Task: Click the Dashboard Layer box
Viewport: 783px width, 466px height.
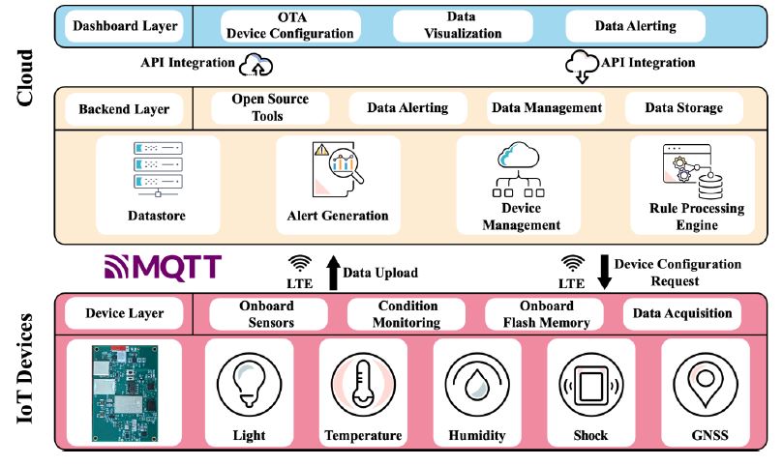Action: point(126,26)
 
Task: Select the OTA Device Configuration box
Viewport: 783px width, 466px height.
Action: point(289,26)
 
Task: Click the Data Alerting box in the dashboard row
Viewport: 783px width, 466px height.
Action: point(634,26)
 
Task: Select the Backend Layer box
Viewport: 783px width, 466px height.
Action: point(124,109)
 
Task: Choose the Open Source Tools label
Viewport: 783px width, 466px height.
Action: point(270,108)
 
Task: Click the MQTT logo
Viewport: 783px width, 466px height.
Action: point(164,266)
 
